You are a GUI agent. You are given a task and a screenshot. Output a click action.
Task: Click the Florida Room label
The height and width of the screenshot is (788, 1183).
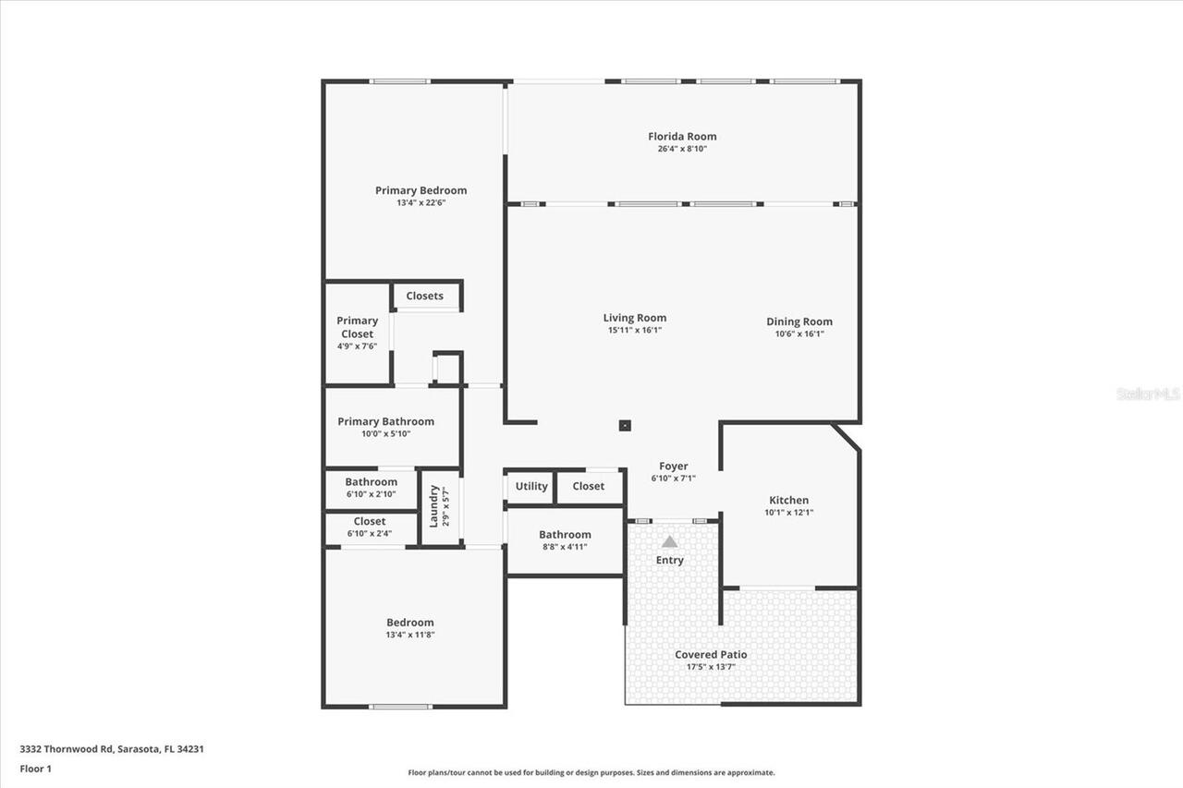pos(682,137)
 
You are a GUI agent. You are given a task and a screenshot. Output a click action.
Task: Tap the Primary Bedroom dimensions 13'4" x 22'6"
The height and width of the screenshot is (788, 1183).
pos(421,203)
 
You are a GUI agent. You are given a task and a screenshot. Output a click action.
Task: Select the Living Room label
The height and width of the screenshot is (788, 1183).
pos(635,318)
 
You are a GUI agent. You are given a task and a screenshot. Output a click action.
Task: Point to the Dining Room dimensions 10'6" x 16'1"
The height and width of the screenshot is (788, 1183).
pos(799,334)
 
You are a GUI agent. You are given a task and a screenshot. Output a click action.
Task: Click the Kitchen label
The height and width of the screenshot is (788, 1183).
pos(788,500)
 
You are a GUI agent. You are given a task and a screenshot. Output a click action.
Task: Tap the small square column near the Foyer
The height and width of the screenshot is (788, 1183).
pos(626,426)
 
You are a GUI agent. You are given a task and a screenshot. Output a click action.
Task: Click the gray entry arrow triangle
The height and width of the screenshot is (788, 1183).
pos(669,541)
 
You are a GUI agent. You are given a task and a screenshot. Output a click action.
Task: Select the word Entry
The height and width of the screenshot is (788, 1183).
pos(669,560)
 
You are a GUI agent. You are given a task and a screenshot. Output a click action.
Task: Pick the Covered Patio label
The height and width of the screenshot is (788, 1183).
pos(711,655)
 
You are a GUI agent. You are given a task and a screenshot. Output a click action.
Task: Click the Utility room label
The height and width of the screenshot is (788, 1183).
pos(531,486)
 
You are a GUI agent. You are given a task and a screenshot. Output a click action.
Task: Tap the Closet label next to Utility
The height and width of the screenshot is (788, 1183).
pos(588,486)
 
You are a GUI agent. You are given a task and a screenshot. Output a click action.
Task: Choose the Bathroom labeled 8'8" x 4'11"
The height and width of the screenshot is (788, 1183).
pos(565,535)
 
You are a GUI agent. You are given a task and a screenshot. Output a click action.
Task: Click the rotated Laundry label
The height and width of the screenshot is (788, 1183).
pos(433,505)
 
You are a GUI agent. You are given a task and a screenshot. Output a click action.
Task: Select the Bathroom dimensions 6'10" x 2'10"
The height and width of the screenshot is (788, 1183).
pos(371,494)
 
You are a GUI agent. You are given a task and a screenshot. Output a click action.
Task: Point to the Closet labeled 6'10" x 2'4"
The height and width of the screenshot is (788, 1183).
pos(370,521)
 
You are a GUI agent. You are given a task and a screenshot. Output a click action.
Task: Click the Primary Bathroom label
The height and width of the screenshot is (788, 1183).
pos(385,421)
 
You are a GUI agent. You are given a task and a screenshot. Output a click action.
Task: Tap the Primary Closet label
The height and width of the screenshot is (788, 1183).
pos(357,327)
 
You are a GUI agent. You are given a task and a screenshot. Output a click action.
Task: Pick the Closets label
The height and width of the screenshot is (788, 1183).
pos(424,296)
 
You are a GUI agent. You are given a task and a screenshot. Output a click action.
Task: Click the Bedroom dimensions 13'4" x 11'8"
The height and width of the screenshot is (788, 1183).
pos(409,636)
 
